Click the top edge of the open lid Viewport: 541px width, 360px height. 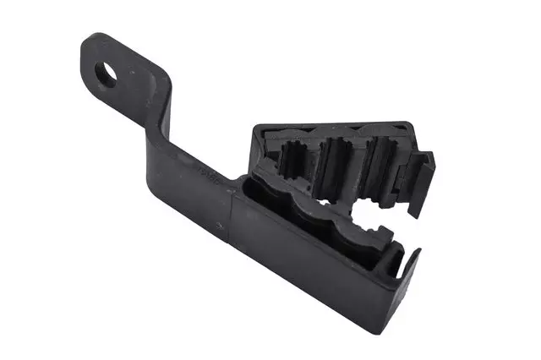click(338, 125)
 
